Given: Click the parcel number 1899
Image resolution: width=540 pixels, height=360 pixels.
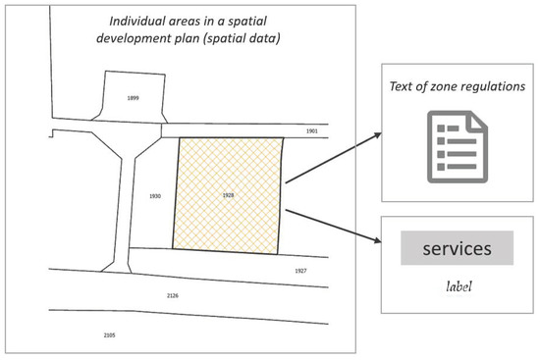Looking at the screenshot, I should click(135, 99).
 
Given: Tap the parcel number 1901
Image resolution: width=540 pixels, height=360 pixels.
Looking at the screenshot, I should click(312, 129).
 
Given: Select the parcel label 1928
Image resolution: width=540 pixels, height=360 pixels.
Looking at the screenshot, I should click(227, 196).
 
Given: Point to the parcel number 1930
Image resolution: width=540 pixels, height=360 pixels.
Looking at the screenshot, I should click(154, 196).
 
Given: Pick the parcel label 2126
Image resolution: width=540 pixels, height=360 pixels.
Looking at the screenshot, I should click(173, 293).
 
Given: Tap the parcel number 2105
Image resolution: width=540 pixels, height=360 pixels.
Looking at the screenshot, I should click(109, 334).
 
